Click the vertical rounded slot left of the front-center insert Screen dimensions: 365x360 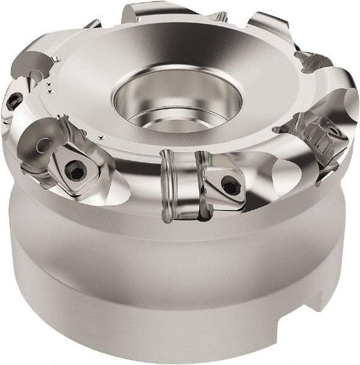pos(169,186)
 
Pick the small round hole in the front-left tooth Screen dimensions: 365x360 pos(43,145)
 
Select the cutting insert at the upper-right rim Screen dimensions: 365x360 pos(314,61)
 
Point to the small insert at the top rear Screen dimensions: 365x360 pos(217,16)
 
